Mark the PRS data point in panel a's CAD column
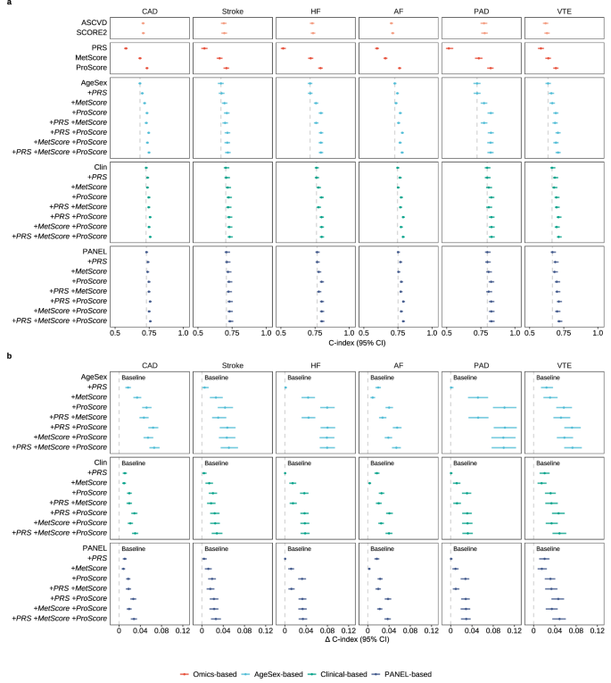[125, 48]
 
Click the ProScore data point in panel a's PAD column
[490, 68]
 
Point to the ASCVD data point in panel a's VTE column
[546, 23]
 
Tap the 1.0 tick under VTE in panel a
[597, 332]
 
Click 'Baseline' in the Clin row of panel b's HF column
[301, 463]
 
